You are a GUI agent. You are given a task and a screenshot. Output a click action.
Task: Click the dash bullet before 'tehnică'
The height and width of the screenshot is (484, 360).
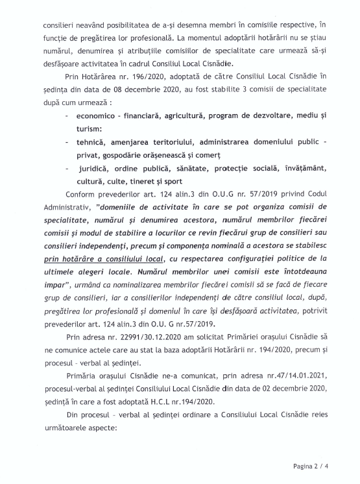click(x=68, y=141)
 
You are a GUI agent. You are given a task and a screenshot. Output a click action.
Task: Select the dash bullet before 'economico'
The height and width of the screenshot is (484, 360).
click(x=68, y=116)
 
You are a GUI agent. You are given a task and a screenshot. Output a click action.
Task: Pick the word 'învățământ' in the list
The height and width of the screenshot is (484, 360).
click(x=309, y=169)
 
